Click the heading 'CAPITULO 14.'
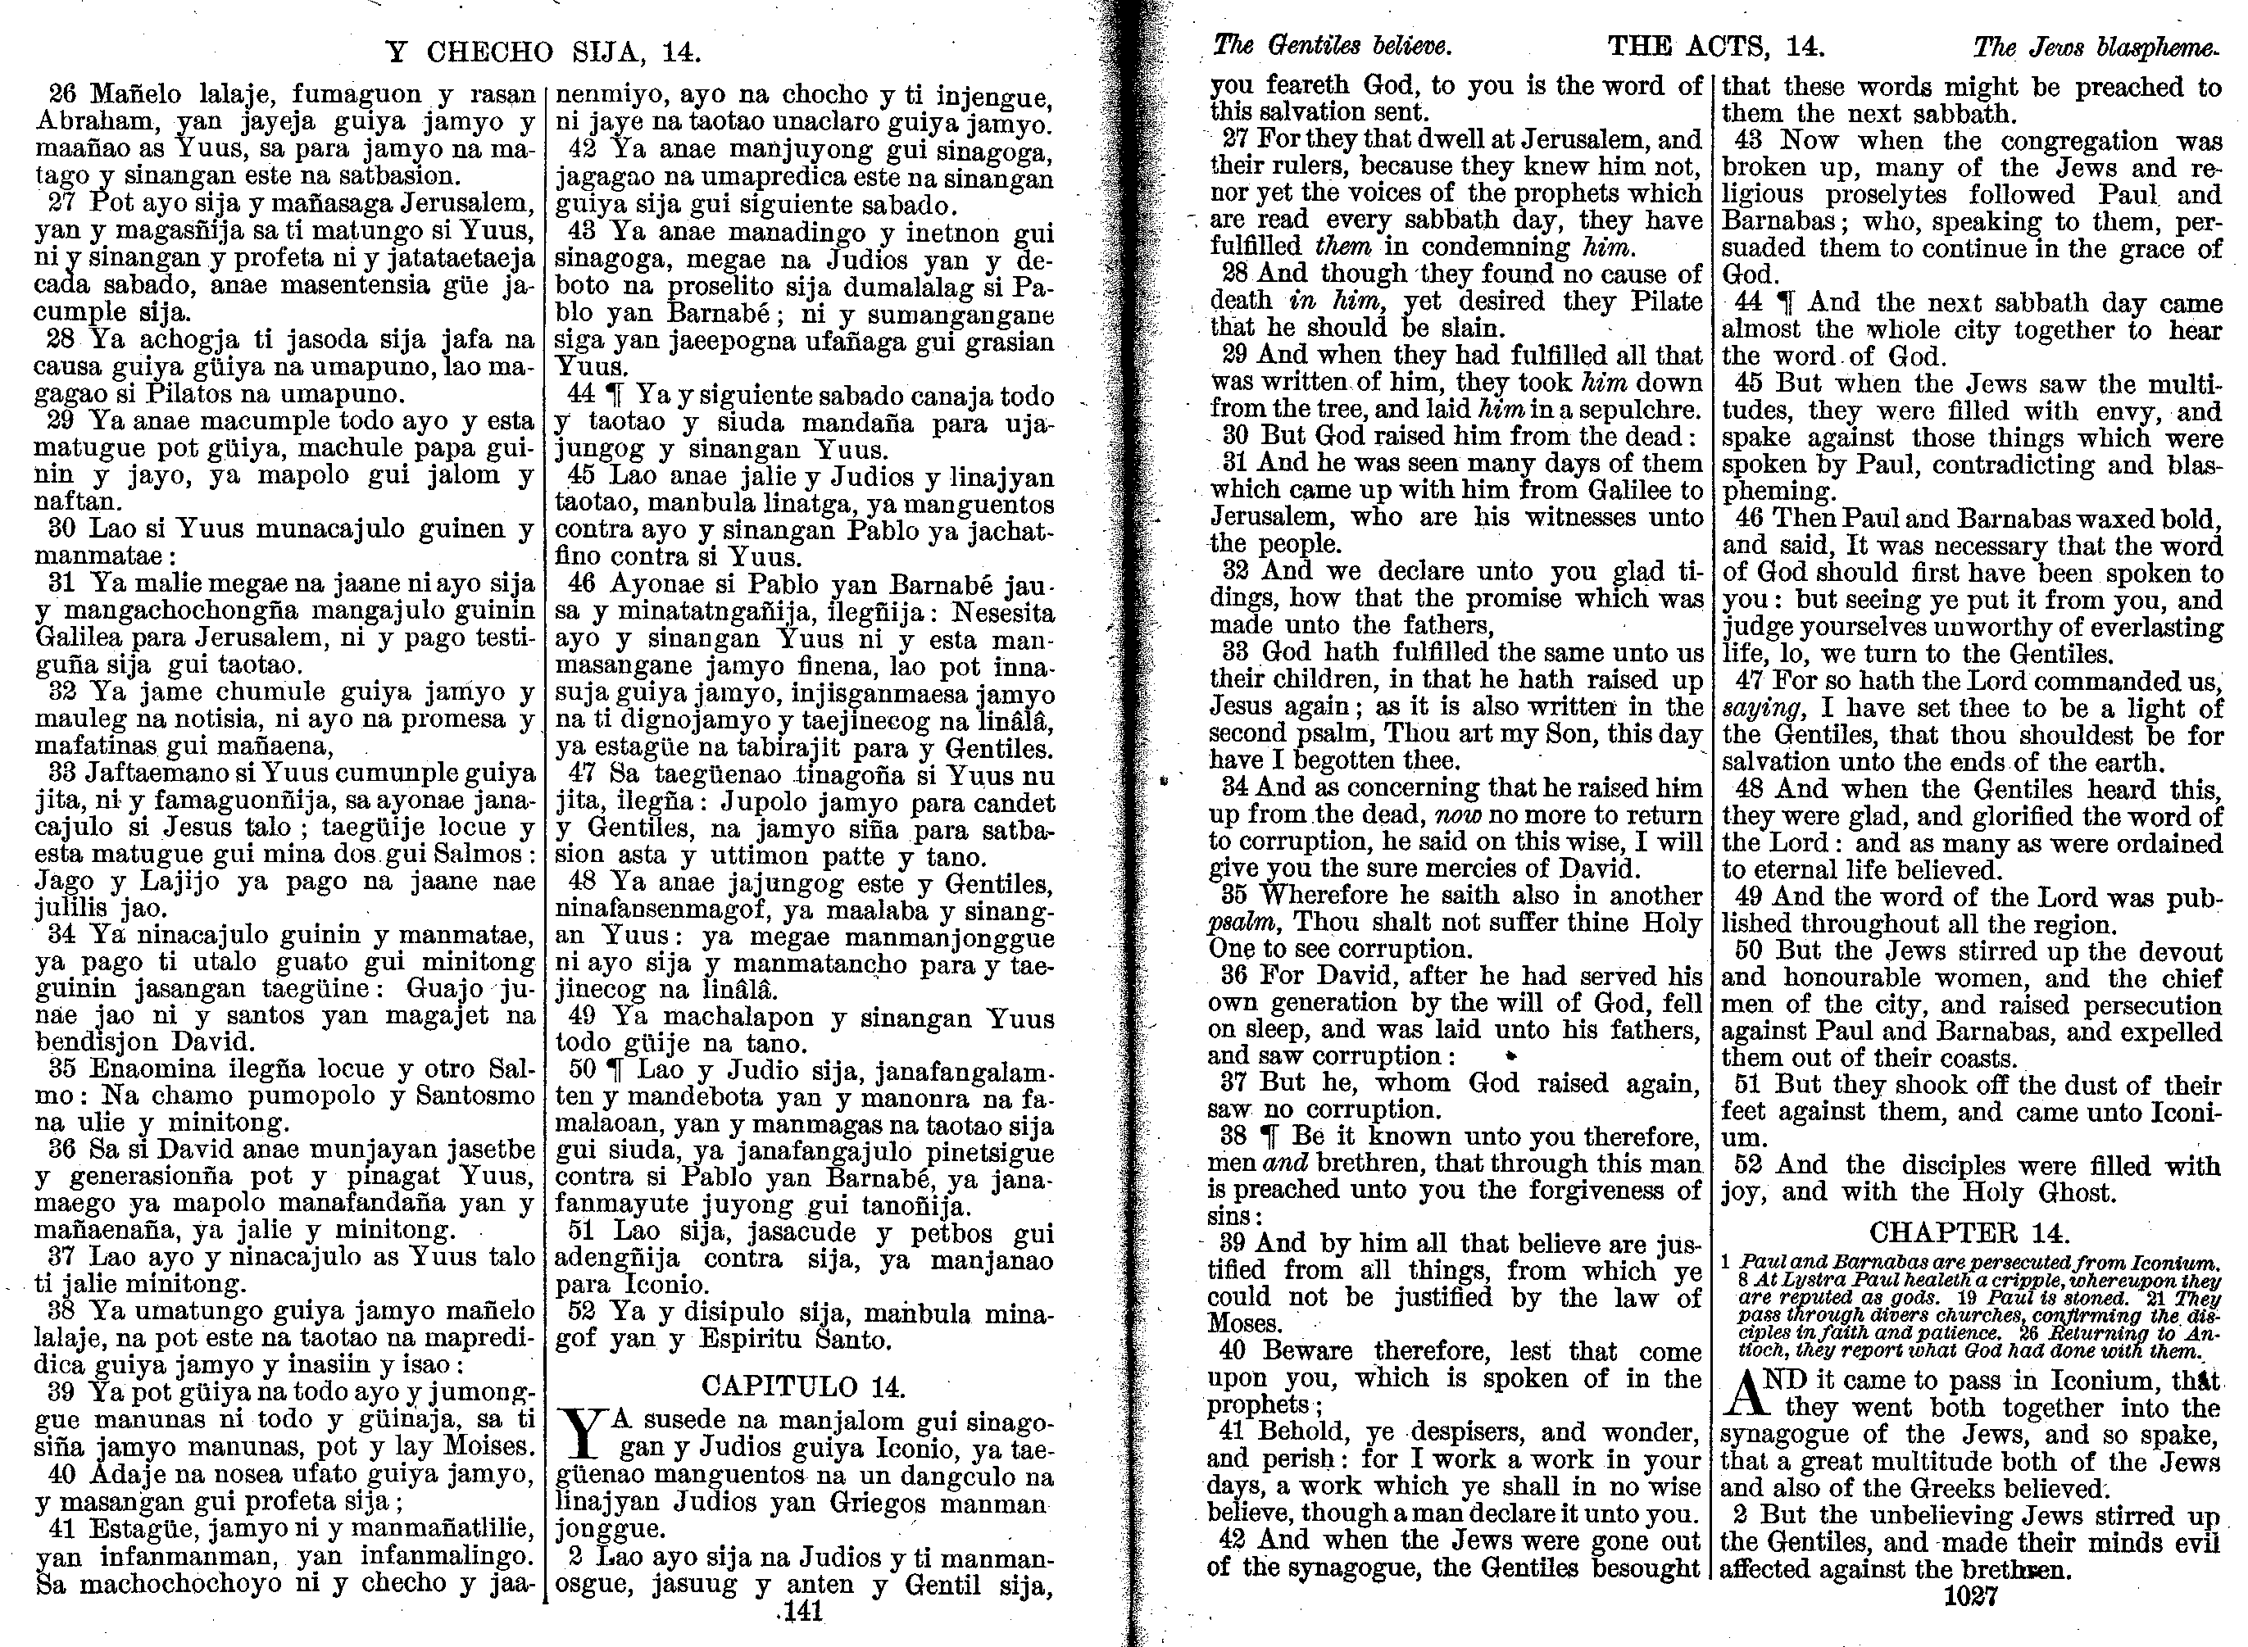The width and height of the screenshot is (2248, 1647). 803,1386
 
